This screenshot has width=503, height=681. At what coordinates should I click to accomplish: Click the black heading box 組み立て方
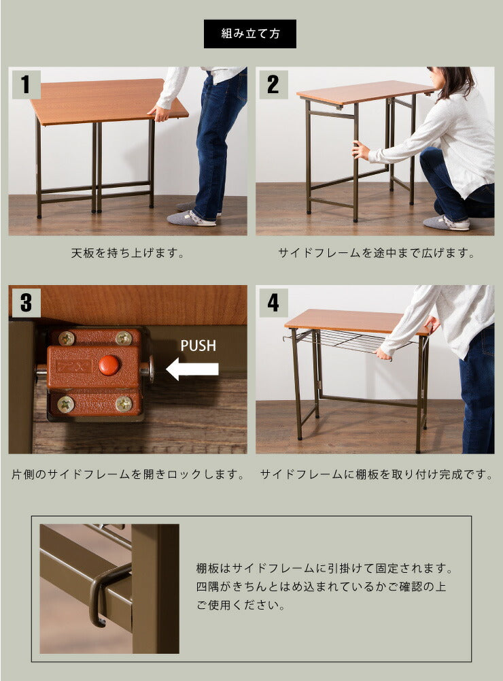[x=250, y=33]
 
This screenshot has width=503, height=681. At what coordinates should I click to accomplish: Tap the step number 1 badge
[x=26, y=84]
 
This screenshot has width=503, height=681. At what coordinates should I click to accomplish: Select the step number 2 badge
[x=273, y=84]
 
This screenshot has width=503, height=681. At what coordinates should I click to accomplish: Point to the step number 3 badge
[x=26, y=302]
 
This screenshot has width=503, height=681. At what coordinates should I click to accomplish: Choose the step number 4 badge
[x=273, y=302]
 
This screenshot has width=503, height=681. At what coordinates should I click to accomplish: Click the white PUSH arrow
[x=192, y=369]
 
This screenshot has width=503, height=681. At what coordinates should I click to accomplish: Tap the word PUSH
[x=198, y=345]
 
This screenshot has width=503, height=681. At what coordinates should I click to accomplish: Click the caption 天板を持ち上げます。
[x=128, y=254]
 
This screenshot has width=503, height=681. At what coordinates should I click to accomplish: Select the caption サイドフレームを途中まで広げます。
[x=376, y=254]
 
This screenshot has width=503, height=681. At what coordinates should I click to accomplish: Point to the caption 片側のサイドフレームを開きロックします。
[x=128, y=474]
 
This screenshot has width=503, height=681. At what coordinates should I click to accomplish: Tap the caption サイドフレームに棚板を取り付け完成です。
[x=376, y=474]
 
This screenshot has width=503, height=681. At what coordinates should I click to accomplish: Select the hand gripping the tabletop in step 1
[x=160, y=113]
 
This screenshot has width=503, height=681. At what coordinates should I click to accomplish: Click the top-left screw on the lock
[x=66, y=338]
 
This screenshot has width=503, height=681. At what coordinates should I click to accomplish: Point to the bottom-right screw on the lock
[x=123, y=403]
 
